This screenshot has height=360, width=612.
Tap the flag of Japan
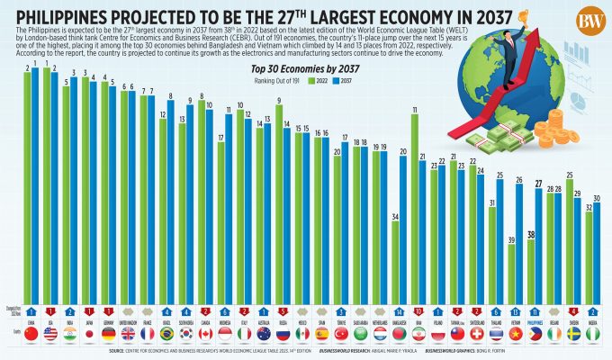pos(90,333)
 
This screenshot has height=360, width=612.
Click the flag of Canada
pos(205,333)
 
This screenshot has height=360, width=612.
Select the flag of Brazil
pos(166,333)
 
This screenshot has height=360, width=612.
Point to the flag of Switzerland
pos(476,333)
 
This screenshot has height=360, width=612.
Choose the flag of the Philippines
pos(535,333)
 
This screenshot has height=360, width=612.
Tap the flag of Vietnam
pos(515,333)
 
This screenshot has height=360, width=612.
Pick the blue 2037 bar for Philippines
pos(539,244)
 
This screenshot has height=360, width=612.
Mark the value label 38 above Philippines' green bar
pos(531,234)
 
